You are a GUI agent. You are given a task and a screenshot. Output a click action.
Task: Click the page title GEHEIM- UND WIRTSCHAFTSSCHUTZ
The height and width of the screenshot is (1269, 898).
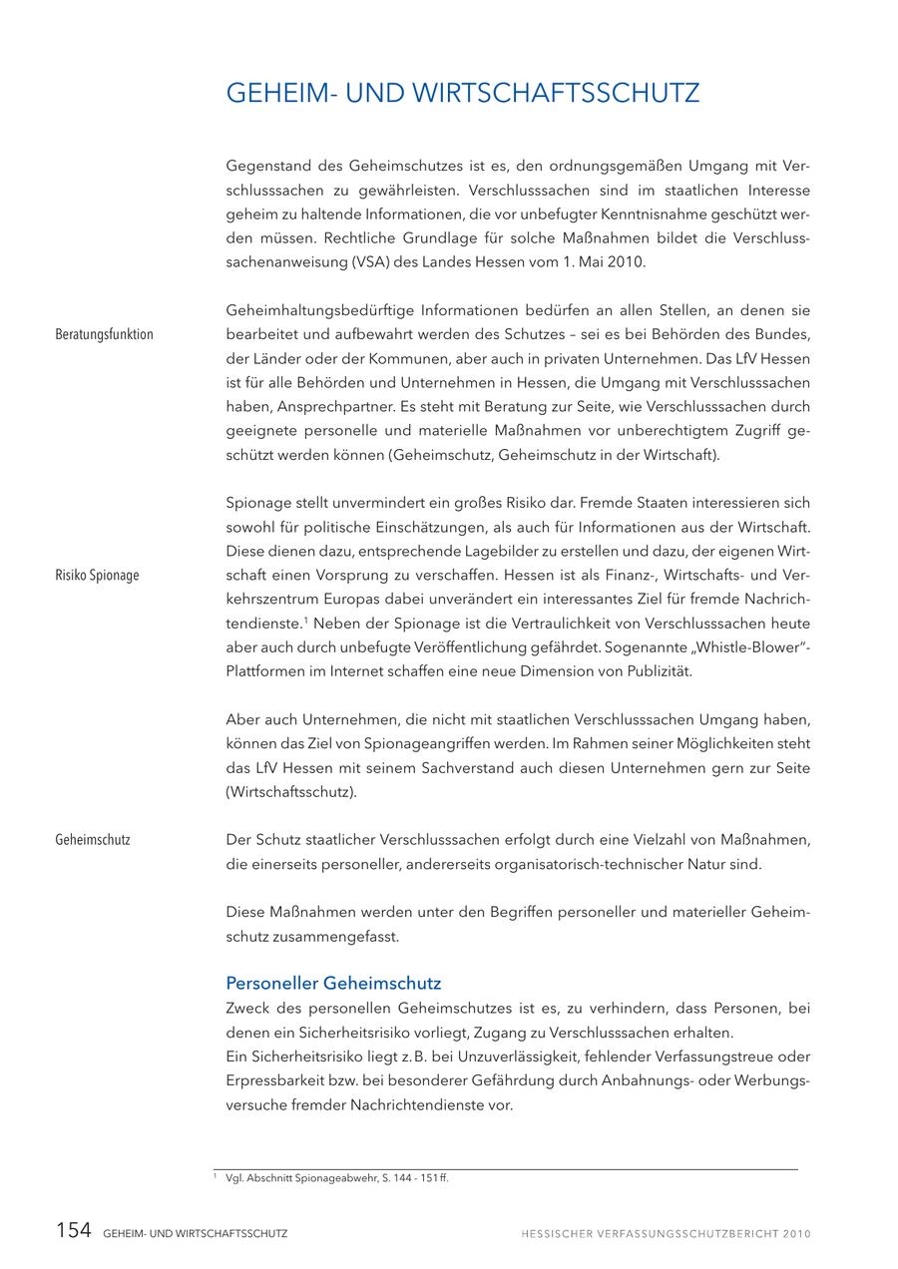[463, 94]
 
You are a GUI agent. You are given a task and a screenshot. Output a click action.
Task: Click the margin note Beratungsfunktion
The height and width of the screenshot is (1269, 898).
[104, 334]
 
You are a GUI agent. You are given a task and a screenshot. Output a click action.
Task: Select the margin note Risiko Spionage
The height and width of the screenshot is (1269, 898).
[97, 576]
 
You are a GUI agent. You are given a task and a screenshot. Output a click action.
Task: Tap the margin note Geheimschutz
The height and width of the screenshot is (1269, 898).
[93, 840]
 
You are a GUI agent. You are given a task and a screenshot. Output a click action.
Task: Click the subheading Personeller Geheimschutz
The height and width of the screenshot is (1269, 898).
[333, 984]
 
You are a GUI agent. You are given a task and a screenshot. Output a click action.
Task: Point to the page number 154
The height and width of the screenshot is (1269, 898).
[73, 1231]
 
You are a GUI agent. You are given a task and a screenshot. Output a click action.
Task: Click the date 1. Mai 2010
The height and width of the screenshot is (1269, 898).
[604, 262]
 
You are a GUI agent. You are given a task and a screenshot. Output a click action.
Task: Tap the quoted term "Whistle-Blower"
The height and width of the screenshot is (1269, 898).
[738, 647]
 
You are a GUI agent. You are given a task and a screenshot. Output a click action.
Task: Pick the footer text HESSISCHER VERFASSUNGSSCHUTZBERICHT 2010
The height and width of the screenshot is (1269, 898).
[666, 1234]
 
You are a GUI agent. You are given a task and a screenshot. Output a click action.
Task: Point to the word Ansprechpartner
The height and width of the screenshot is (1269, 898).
[324, 407]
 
